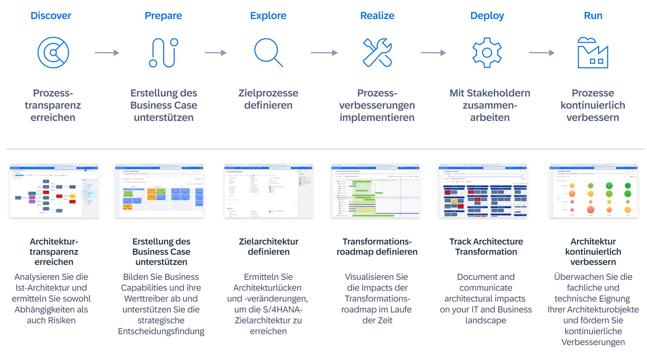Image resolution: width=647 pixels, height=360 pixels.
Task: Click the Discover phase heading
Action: (51, 16)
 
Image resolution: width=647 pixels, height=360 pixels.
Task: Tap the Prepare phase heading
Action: (163, 16)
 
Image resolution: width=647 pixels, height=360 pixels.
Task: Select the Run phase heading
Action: (593, 16)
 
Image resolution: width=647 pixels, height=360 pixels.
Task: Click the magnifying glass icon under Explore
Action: (268, 52)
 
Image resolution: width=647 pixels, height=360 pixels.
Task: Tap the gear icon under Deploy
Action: (487, 53)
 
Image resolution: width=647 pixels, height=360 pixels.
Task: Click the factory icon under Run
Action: (593, 53)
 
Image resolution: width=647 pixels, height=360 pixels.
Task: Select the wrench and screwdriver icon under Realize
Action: (377, 53)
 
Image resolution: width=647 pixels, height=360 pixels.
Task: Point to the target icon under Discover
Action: (53, 53)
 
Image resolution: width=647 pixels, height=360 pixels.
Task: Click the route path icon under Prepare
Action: (163, 53)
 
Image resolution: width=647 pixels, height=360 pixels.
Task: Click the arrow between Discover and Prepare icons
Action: (107, 53)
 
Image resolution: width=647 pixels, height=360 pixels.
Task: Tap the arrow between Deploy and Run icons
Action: (542, 53)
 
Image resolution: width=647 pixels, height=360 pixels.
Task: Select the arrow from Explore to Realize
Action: (324, 53)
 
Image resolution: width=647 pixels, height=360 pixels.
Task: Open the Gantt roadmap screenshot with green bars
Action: (375, 191)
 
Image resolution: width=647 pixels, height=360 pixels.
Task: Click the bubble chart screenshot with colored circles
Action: (593, 191)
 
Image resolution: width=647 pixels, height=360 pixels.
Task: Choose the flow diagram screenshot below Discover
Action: (54, 191)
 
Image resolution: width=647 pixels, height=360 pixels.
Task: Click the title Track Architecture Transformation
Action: (486, 247)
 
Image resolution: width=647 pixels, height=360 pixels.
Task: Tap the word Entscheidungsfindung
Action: (161, 331)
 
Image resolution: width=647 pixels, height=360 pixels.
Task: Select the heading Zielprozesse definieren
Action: (268, 99)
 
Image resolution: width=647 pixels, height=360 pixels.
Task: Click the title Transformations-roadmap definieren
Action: (377, 247)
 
